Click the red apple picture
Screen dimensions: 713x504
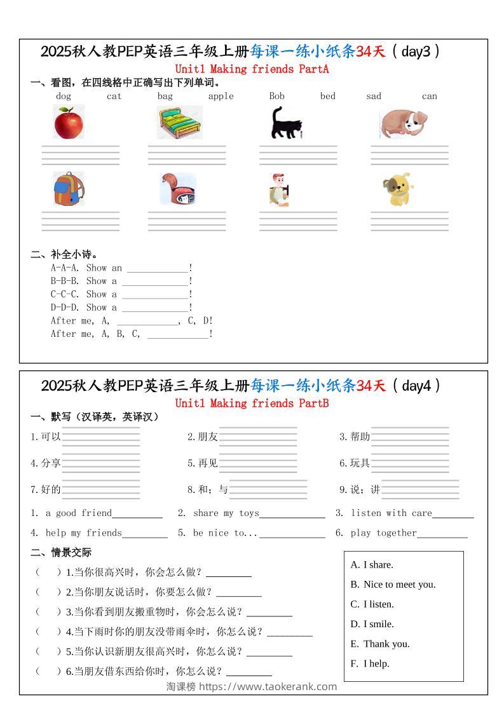tap(69, 122)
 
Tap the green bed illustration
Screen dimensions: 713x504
tap(180, 123)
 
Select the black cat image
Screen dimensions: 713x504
tap(285, 123)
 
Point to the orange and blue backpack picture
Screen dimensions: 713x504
tap(68, 189)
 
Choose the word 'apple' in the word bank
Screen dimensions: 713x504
tap(221, 97)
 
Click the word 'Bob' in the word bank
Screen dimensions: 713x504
tap(276, 97)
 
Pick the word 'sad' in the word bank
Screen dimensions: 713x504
tap(374, 97)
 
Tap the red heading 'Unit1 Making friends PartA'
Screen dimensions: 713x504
tap(252, 69)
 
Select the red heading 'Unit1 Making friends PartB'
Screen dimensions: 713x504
tap(252, 404)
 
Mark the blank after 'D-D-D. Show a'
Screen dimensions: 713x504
tap(155, 308)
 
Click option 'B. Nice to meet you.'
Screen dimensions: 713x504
tap(393, 585)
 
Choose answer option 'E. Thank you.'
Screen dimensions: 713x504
tap(380, 644)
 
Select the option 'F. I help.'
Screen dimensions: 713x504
tap(370, 663)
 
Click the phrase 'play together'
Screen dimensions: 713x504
tap(384, 533)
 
